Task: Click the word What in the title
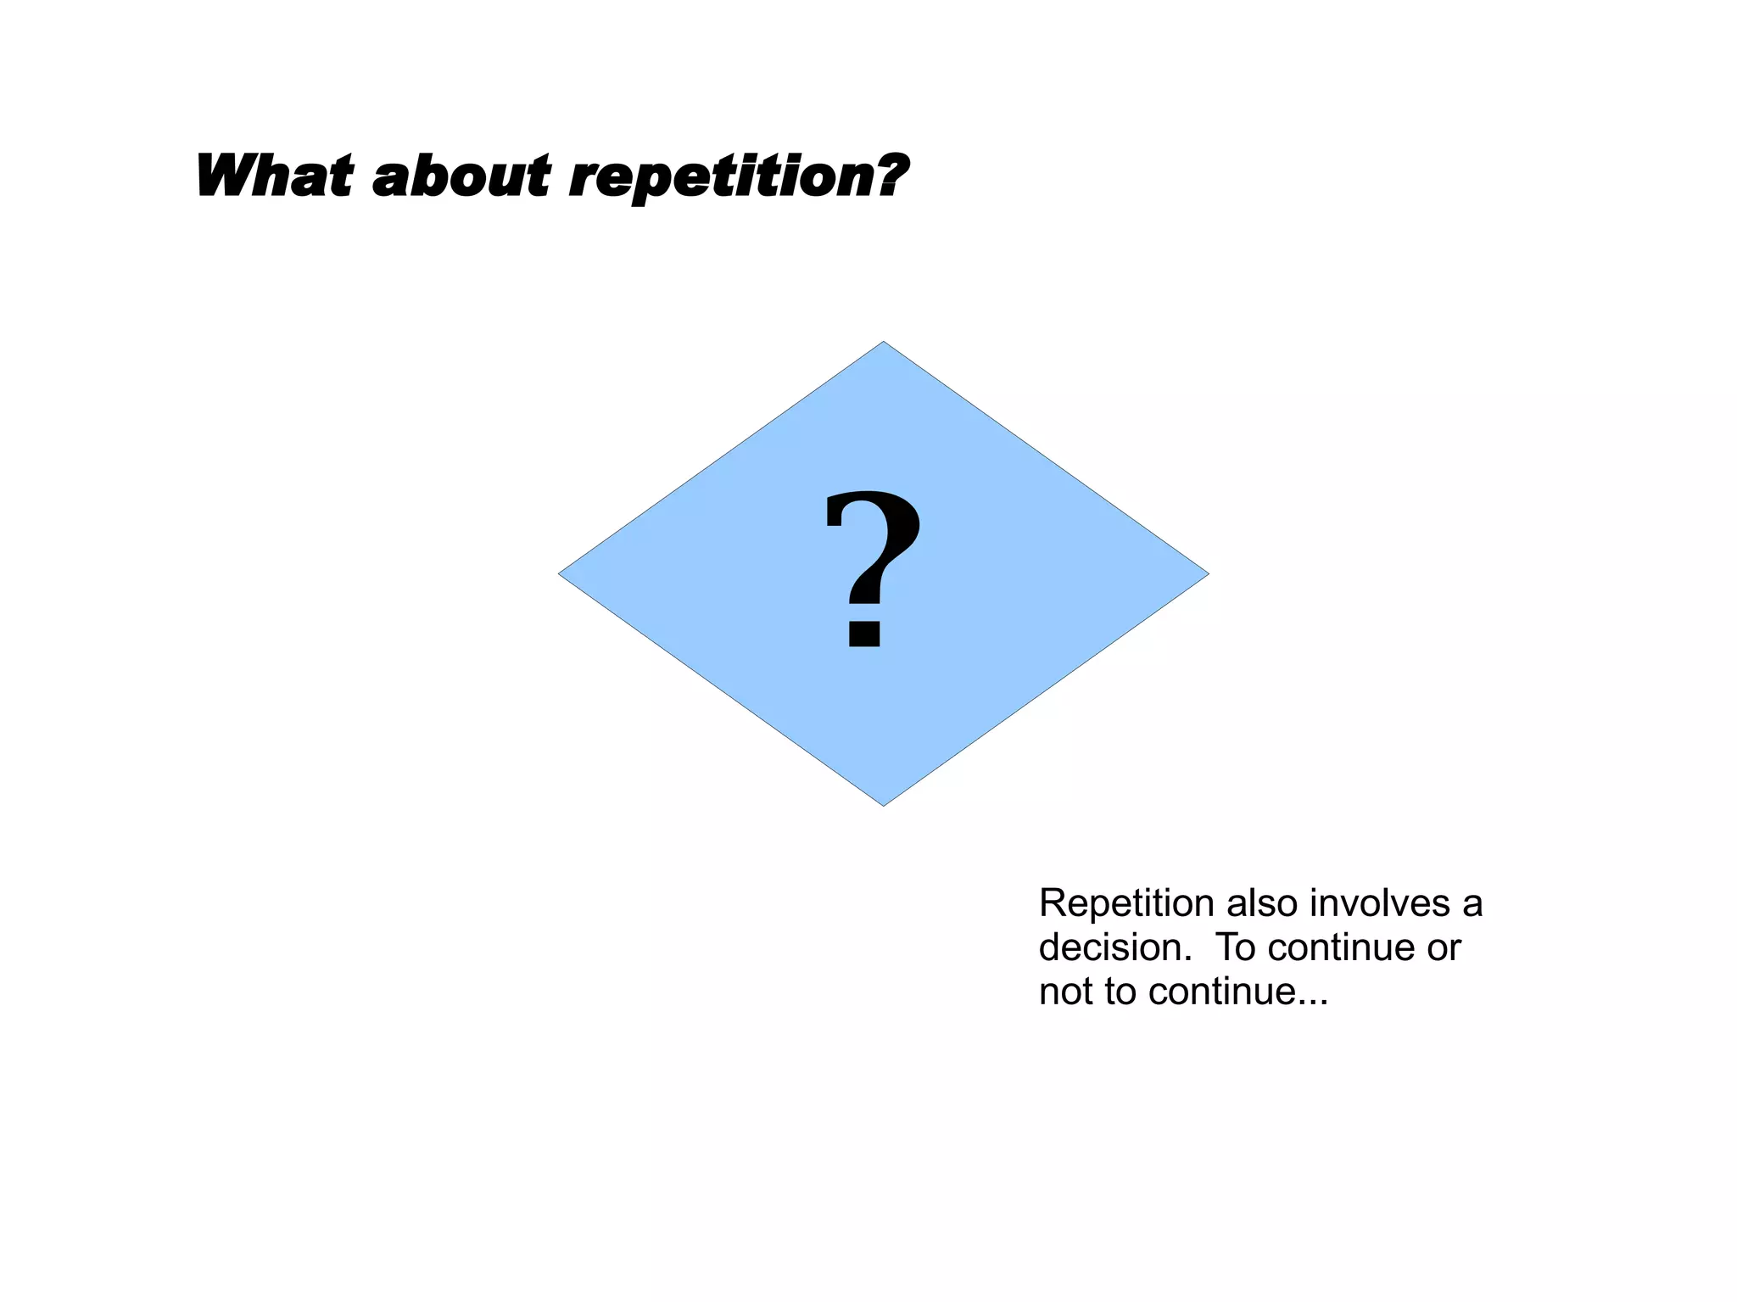(273, 176)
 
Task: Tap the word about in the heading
(461, 176)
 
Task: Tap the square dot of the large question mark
(864, 634)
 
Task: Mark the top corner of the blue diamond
(884, 343)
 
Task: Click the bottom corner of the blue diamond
(884, 805)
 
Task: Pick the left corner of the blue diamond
(560, 574)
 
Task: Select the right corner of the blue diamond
(1208, 574)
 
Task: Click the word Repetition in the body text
(1126, 904)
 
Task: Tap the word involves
(1379, 904)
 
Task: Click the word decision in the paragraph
(1109, 948)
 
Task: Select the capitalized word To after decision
(1237, 948)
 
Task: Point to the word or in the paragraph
(1444, 948)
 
